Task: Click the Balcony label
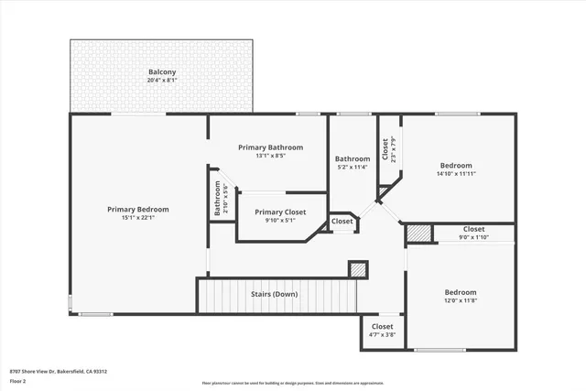(163, 72)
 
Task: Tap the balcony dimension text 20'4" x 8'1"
(163, 81)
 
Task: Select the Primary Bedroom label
(137, 209)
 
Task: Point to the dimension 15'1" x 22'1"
(137, 217)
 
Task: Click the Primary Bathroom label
(270, 147)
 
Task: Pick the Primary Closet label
(281, 212)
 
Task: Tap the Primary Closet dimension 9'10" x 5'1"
(281, 220)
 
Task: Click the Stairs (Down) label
(274, 294)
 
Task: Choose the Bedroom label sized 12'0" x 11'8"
(461, 292)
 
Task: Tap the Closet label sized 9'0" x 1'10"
(473, 229)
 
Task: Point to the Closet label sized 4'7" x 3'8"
(382, 326)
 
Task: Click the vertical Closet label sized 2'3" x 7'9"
(385, 148)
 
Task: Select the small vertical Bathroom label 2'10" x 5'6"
(218, 197)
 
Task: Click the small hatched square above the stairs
(358, 269)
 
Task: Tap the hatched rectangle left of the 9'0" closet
(418, 234)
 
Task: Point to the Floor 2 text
(19, 380)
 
